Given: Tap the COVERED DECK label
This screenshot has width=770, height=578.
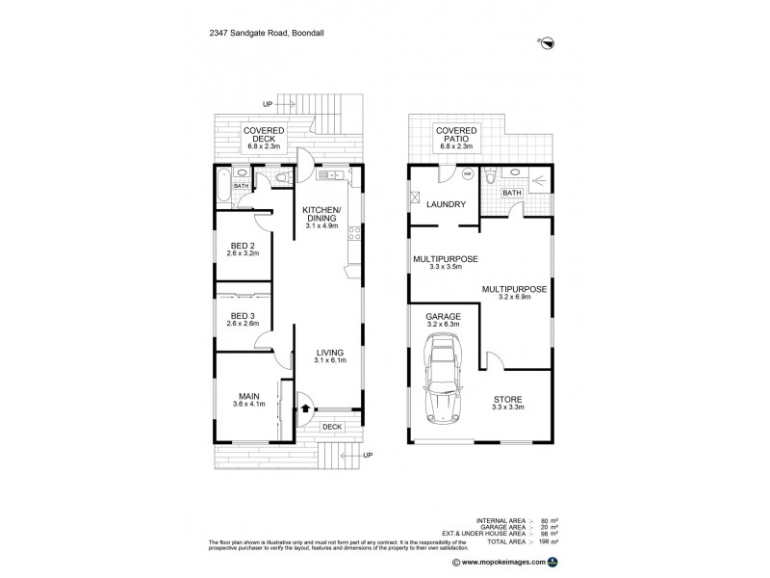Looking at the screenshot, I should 261,137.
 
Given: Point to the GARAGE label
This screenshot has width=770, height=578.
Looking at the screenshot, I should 444,317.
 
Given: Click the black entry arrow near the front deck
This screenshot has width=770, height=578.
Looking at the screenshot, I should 306,408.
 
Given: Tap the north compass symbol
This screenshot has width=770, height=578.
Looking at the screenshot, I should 547,41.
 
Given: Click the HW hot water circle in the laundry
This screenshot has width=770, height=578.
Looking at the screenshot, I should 467,174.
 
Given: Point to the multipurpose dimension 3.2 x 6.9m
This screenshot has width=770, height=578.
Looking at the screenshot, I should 516,297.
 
